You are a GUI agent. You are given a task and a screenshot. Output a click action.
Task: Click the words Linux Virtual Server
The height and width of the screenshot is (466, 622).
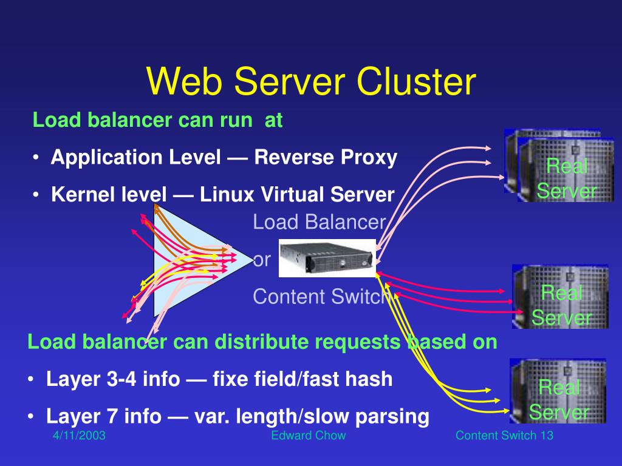298,195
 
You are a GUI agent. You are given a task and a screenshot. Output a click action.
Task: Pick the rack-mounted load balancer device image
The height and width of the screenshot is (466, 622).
327,258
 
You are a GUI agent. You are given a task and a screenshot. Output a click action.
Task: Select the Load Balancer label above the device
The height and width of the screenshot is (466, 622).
319,222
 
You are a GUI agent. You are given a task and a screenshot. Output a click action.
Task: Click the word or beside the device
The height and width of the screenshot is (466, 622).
262,260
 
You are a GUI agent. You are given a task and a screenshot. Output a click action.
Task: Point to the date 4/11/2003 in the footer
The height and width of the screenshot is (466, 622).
78,435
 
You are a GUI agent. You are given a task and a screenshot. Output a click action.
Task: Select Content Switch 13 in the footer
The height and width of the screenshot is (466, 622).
504,435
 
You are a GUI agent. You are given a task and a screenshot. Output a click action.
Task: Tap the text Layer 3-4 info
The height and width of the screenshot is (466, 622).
113,379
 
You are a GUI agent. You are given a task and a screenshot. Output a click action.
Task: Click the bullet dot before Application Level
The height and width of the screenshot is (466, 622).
38,158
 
